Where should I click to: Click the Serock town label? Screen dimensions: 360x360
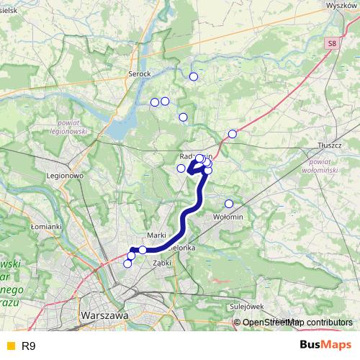[139, 74]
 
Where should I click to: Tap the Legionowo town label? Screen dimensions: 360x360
[66, 175]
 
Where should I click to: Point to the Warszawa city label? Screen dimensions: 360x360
[104, 315]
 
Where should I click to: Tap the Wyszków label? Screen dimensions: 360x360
[341, 4]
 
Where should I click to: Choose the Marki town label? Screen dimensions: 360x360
[156, 235]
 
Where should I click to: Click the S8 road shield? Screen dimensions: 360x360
[330, 44]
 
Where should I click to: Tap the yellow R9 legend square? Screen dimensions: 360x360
[9, 346]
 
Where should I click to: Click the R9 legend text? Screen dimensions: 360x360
[29, 346]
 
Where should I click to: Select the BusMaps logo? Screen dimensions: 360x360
[325, 346]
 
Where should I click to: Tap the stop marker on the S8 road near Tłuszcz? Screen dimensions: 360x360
[232, 134]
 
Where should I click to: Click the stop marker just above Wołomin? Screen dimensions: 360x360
[229, 203]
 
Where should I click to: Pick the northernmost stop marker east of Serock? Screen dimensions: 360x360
[193, 76]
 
